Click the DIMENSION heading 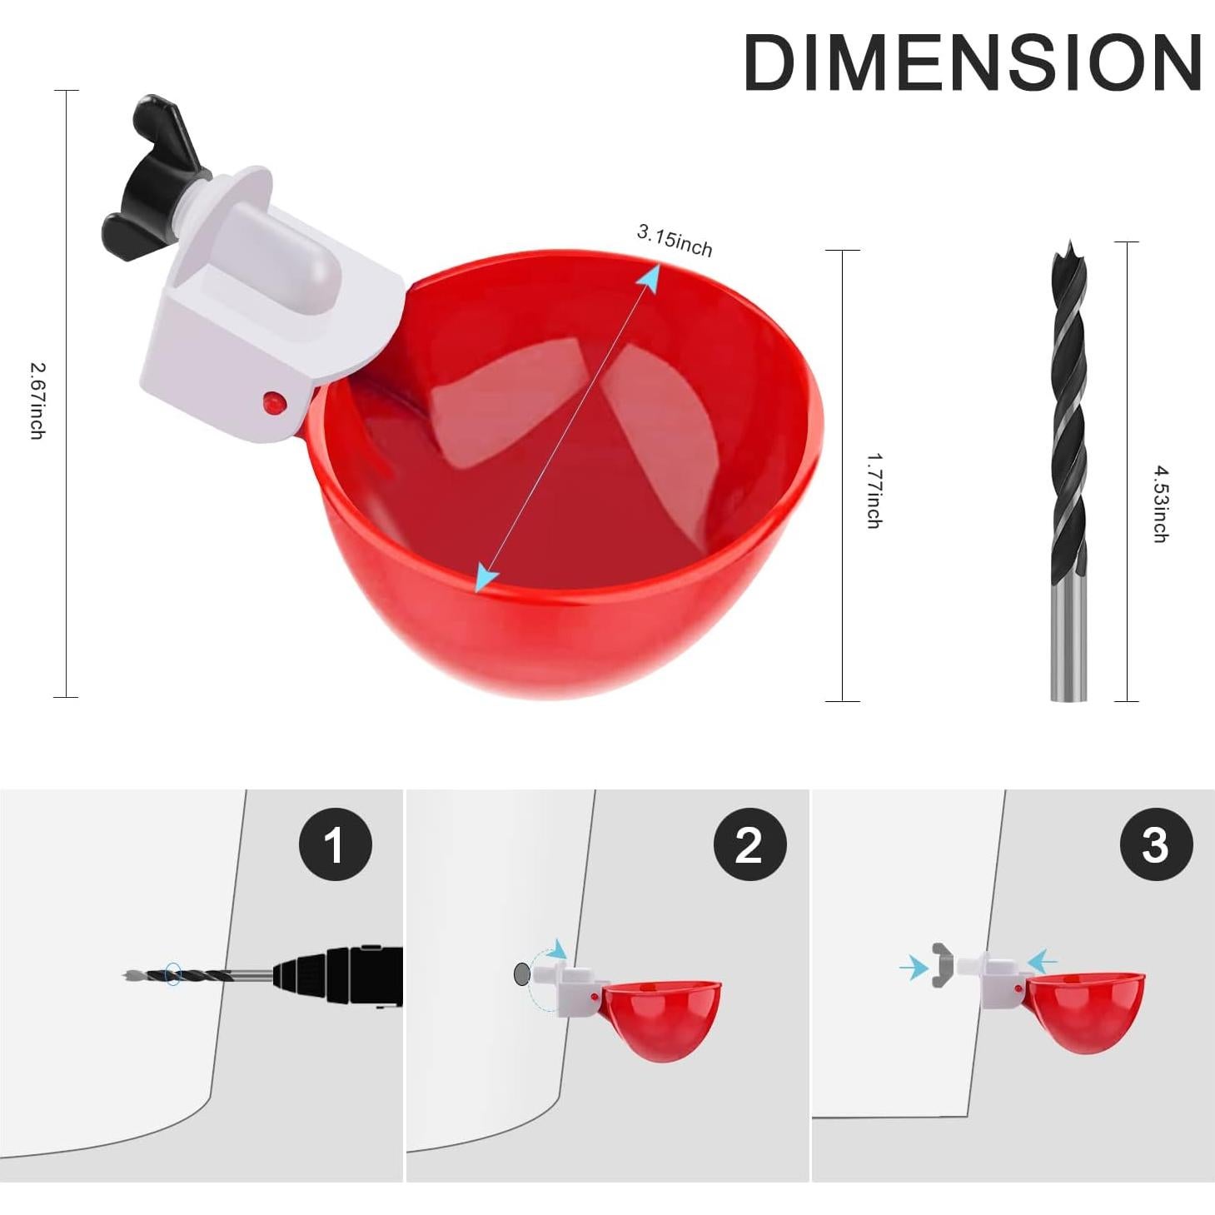(972, 62)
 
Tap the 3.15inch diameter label (675, 241)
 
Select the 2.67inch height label (37, 400)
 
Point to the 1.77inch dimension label (874, 490)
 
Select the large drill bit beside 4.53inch (1068, 471)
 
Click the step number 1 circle (335, 844)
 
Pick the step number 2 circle (749, 844)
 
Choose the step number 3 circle (1156, 844)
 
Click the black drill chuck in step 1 (341, 976)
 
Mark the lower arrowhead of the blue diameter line (486, 578)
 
